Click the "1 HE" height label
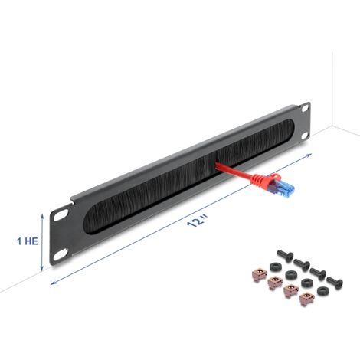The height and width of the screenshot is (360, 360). coord(28,241)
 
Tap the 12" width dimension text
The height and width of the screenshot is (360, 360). coord(197,220)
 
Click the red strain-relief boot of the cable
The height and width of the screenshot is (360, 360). coord(265,179)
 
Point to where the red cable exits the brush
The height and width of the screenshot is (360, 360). coord(217,165)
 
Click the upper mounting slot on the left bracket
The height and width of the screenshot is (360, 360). coord(61,214)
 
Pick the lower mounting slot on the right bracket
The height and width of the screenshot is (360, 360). coord(305,136)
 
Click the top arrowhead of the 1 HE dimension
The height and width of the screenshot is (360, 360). coord(42,216)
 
